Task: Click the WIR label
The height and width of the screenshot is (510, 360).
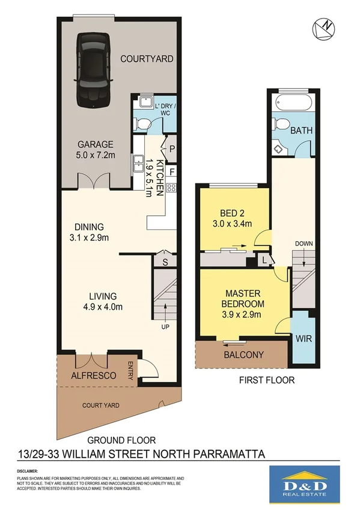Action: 303,339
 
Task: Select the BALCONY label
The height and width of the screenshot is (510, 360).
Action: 243,355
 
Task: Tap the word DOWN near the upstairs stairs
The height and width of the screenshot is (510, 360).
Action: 304,244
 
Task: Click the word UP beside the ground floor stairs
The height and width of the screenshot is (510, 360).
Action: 165,327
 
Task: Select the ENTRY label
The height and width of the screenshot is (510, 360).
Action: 130,370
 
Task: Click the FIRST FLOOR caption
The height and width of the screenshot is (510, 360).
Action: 267,380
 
